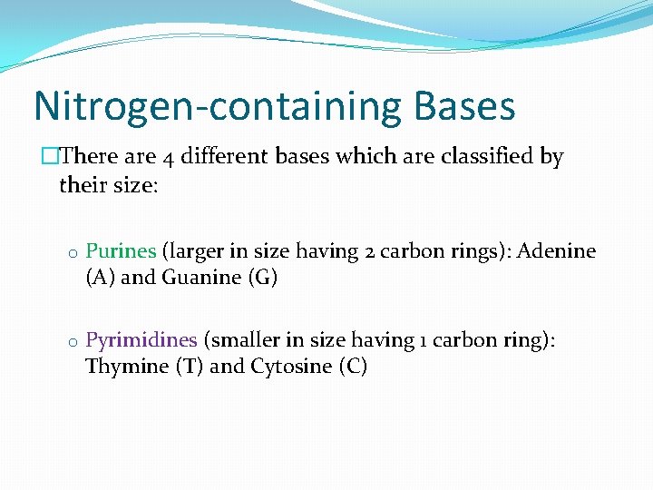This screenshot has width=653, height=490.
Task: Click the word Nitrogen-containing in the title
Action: (212, 106)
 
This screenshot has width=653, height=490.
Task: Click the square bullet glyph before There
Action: (49, 157)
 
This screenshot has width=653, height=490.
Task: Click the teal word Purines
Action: (121, 251)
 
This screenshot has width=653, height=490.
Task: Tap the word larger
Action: (200, 251)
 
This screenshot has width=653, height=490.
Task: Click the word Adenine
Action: (557, 251)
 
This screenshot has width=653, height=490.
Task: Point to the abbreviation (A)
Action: (101, 278)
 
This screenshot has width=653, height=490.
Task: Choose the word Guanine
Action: (201, 278)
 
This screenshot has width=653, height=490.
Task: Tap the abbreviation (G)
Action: (262, 278)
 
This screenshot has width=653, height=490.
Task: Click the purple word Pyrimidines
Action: (141, 340)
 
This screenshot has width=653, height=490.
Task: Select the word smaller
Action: (244, 340)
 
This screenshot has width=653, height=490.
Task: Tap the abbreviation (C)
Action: (351, 367)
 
